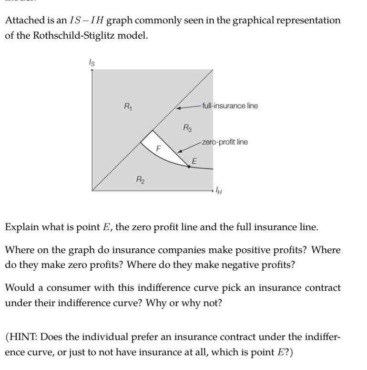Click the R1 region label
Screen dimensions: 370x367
128,107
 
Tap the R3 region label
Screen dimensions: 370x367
188,127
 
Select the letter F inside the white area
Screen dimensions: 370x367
159,149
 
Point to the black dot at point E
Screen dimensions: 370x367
189,166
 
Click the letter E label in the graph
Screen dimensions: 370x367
194,161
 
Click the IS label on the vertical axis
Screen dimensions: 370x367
92,63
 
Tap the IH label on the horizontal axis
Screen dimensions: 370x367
219,191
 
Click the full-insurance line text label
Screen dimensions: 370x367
230,106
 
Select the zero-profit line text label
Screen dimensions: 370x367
224,142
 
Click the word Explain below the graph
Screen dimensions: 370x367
22,227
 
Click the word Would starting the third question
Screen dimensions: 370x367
19,288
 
